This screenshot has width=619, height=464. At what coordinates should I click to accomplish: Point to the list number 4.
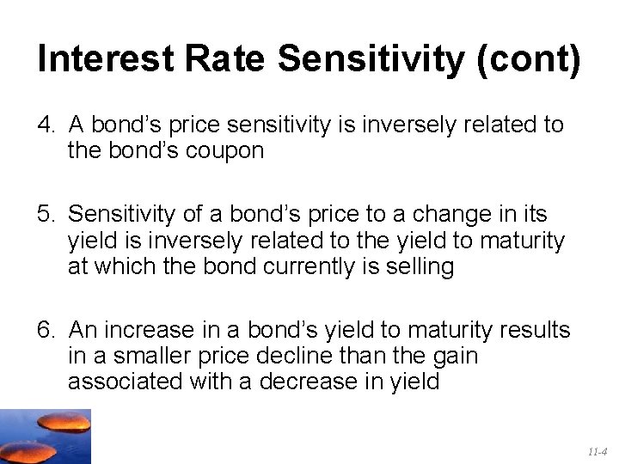[x=45, y=125]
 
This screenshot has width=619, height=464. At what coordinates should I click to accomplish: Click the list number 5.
[x=45, y=212]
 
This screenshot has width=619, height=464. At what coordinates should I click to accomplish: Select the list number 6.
[x=45, y=330]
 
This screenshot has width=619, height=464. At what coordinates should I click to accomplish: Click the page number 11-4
[x=598, y=451]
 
